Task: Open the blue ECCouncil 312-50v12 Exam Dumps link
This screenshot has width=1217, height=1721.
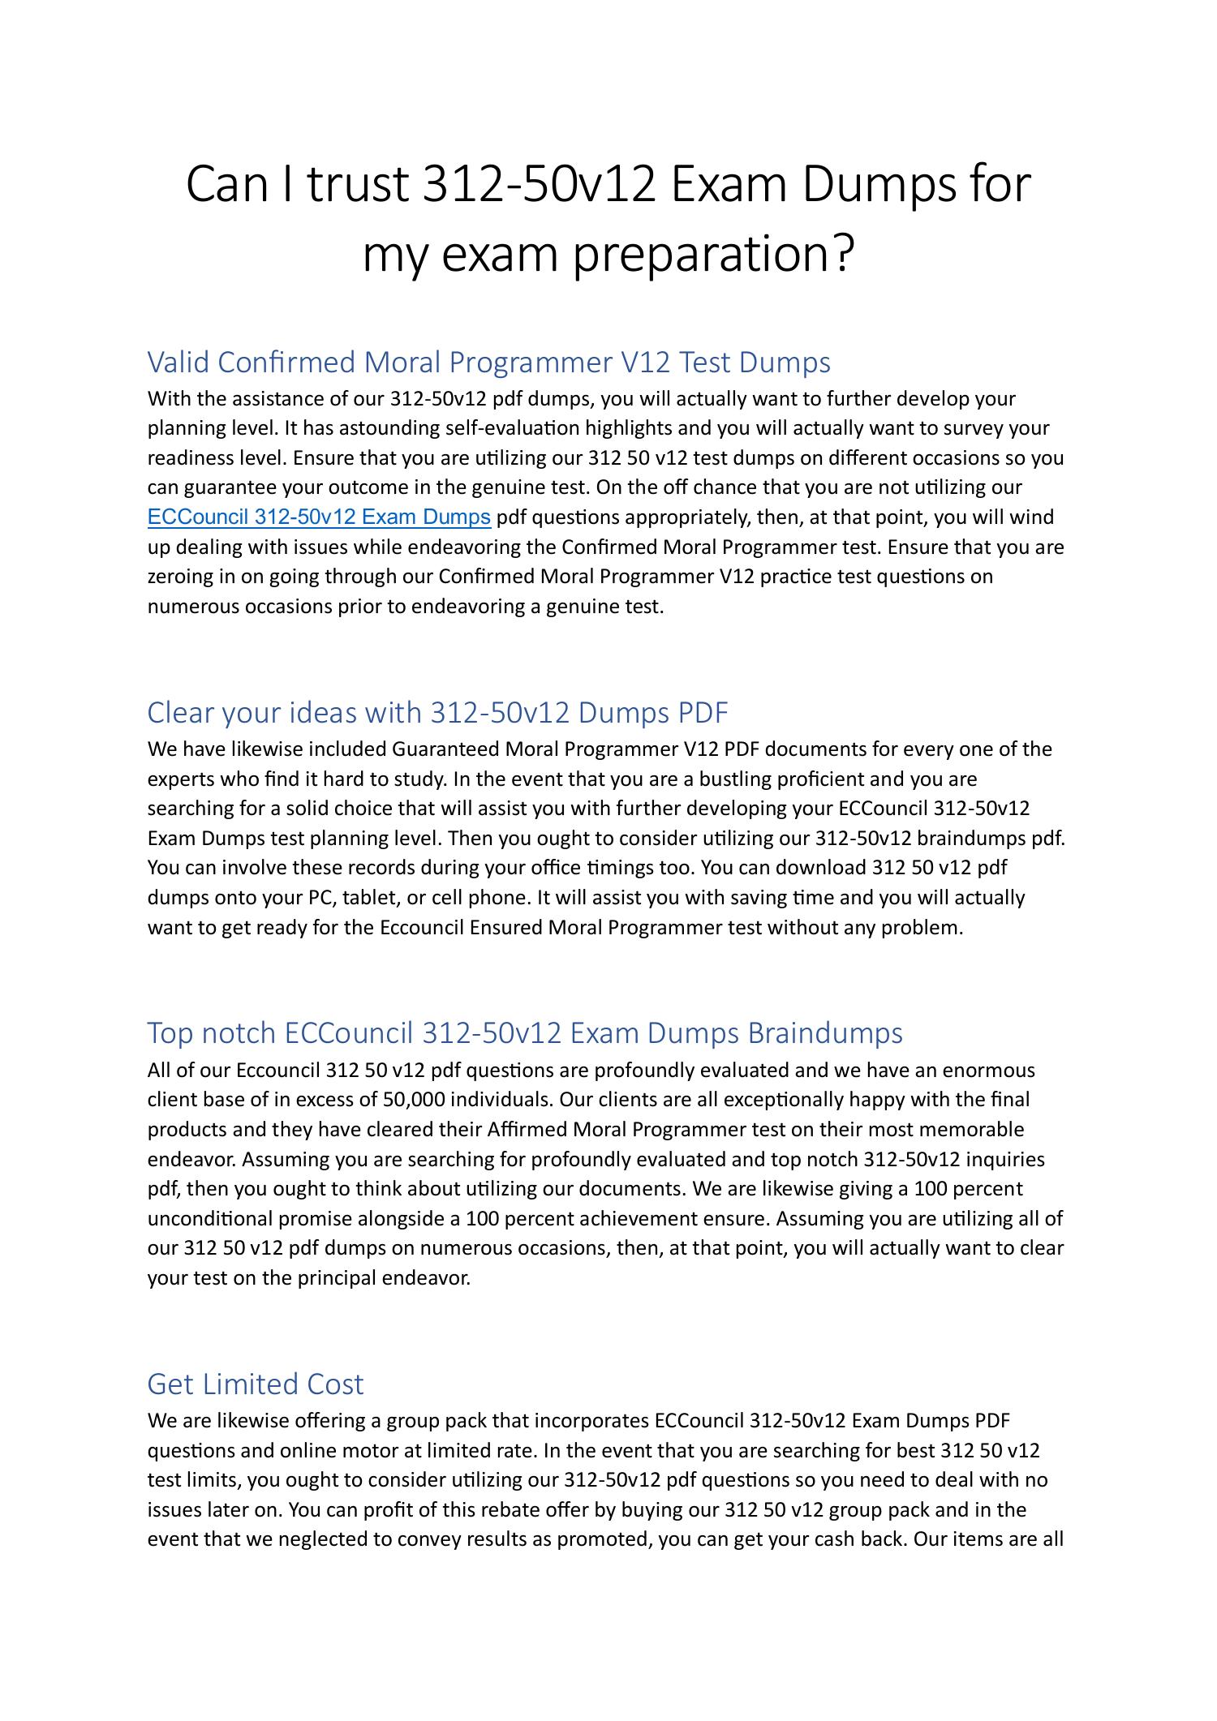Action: coord(319,517)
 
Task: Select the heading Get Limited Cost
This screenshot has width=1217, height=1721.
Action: coord(255,1384)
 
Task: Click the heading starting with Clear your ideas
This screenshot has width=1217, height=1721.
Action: coord(437,712)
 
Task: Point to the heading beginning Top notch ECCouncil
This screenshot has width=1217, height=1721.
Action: coord(524,1033)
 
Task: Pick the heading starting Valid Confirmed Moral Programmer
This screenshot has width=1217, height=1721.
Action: coord(488,362)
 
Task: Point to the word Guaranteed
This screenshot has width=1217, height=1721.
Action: coord(445,749)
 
